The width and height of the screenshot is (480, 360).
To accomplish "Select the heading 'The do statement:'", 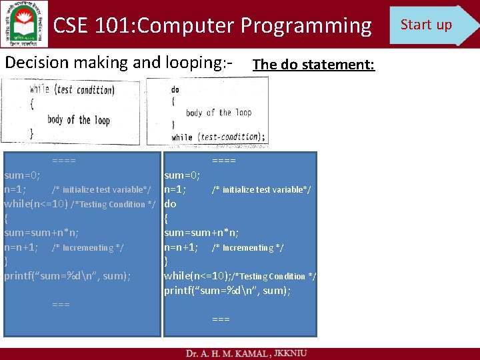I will [313, 65].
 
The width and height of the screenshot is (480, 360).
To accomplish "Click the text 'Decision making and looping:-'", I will [119, 63].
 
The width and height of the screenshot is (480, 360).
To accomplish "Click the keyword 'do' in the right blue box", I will [170, 204].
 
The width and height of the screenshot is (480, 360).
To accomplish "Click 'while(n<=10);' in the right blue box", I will [198, 276].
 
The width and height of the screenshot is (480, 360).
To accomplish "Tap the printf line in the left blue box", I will [67, 276].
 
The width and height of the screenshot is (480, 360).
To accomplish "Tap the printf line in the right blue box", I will [227, 291].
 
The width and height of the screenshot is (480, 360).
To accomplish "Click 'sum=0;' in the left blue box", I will [22, 175].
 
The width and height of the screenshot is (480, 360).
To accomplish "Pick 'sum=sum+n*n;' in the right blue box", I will [201, 233].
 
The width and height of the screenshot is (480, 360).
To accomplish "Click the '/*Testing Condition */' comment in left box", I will [114, 205].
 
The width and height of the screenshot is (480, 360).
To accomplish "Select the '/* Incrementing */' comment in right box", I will [247, 248].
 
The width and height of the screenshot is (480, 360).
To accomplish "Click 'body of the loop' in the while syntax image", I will [79, 121].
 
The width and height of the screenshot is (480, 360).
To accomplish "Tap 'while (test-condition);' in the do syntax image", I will [218, 137].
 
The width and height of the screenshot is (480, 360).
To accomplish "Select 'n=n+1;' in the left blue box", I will [21, 247].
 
